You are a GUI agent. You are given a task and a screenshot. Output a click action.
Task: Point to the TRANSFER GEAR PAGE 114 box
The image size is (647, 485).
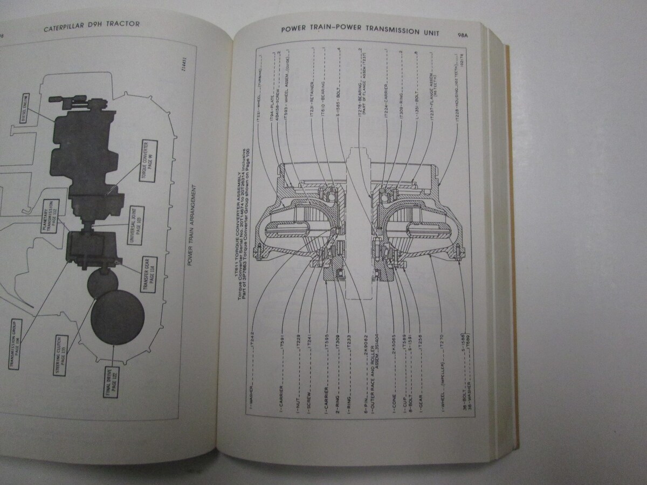pyautogui.click(x=148, y=275)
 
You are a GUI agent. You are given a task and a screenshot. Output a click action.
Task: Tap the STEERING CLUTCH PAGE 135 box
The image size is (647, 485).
pyautogui.click(x=63, y=349)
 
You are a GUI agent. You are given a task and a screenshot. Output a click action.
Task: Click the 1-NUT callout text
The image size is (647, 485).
pyautogui.click(x=298, y=389)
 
